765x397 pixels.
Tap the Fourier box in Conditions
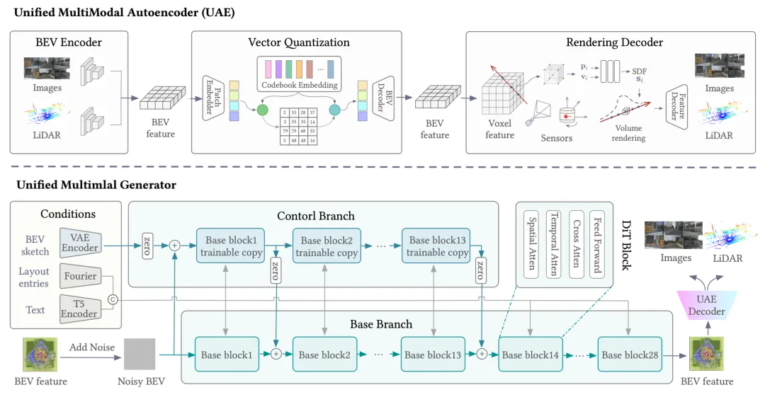[79, 276]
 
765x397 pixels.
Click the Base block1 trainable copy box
[232, 246]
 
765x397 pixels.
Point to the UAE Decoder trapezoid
[707, 306]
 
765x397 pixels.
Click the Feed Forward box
[596, 242]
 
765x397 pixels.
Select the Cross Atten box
[575, 242]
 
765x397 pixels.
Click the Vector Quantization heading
[298, 42]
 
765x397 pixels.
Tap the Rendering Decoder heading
[614, 42]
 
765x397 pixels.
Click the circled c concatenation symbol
[112, 299]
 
